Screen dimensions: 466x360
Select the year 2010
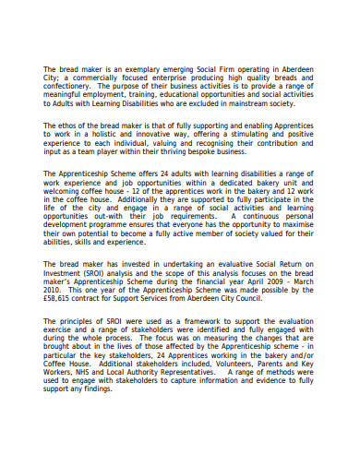(55, 291)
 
